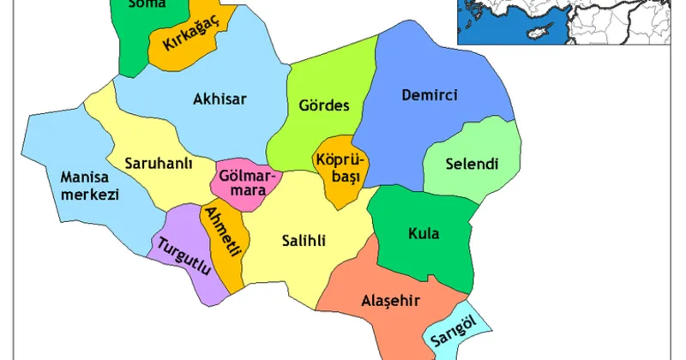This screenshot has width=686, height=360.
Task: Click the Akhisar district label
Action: pyautogui.click(x=221, y=99)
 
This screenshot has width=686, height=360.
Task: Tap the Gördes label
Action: pyautogui.click(x=324, y=107)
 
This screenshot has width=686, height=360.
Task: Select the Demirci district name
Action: pyautogui.click(x=430, y=95)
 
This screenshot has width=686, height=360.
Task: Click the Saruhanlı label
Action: pyautogui.click(x=158, y=164)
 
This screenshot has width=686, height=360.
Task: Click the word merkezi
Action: pyautogui.click(x=88, y=195)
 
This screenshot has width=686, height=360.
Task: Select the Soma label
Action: pyautogui.click(x=145, y=4)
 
